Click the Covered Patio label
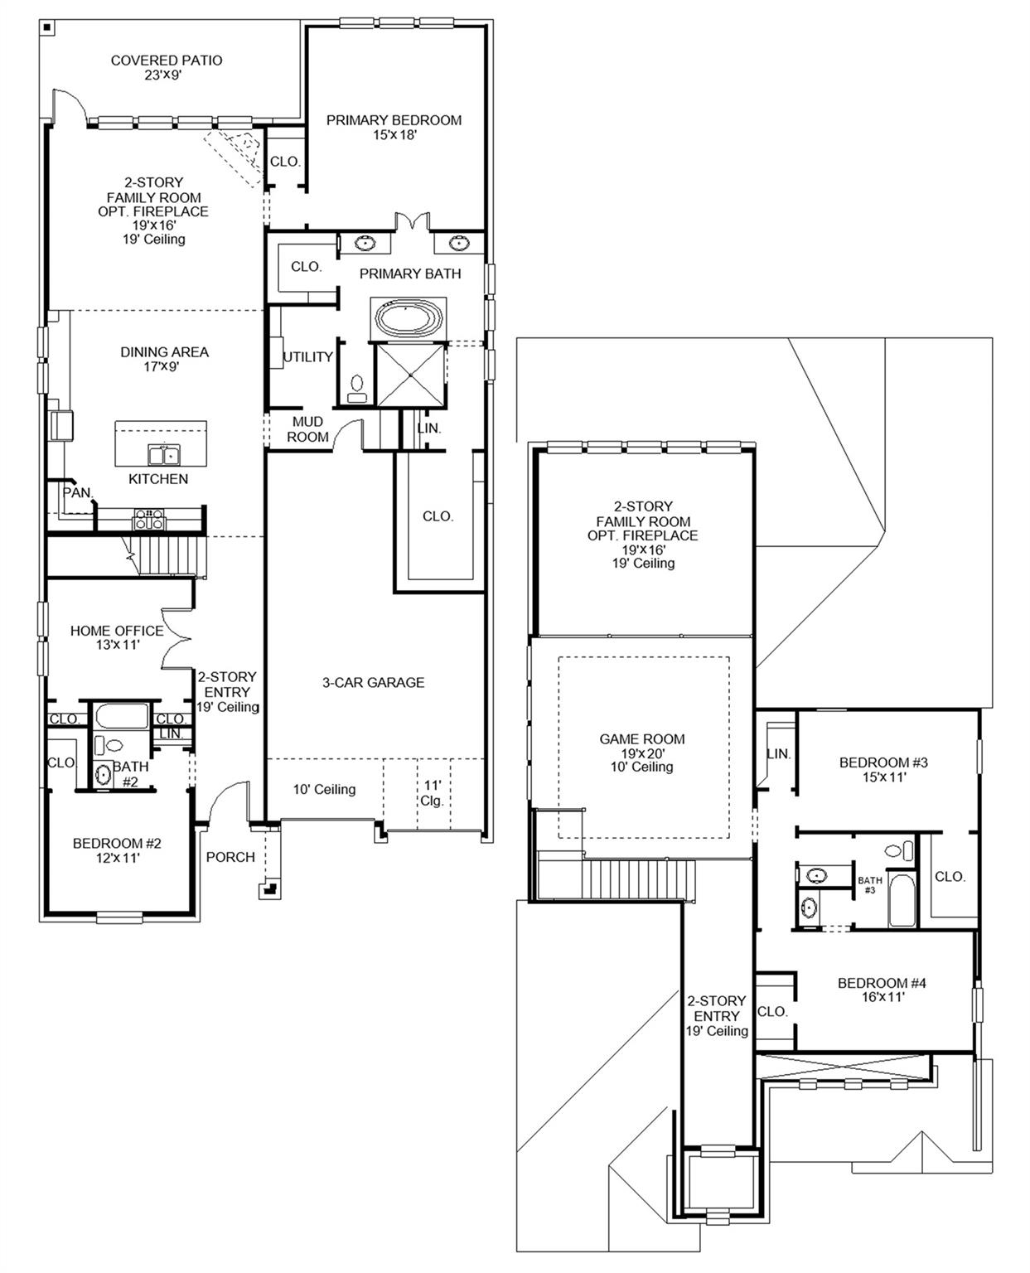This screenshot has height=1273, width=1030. coord(167,61)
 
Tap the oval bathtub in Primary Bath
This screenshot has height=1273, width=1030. coord(410,317)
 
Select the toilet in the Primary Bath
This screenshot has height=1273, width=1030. coord(358,387)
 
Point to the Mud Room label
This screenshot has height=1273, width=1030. coord(307,429)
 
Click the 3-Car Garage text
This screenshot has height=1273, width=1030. coord(373,682)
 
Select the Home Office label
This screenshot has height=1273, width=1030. coord(116,631)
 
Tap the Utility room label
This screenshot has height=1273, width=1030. coord(307,357)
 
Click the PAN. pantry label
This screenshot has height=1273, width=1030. coord(77,492)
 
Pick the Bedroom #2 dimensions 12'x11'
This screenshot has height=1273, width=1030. coord(117,859)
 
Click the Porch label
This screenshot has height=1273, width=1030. coord(230,857)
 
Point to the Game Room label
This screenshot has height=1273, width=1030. coord(642,739)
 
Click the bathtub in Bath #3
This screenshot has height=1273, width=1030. coord(901,900)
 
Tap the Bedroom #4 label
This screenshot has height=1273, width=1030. coord(882,983)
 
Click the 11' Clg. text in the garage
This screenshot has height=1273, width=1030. coord(433,793)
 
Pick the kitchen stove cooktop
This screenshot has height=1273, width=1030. coord(150,520)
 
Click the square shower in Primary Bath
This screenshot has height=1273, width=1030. coord(411,375)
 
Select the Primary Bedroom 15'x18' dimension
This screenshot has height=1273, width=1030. coord(394,134)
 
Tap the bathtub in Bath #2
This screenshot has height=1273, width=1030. coord(121,716)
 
